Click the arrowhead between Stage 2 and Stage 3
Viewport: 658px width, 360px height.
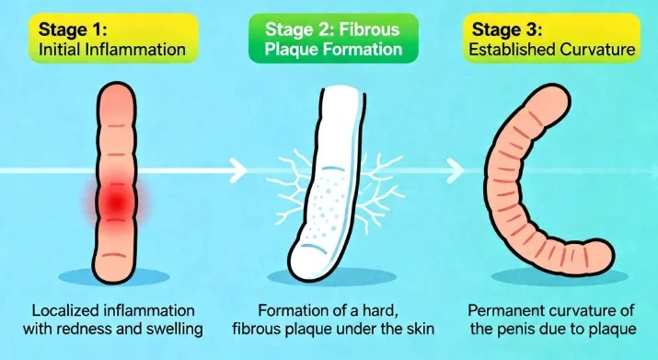(455, 168)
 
